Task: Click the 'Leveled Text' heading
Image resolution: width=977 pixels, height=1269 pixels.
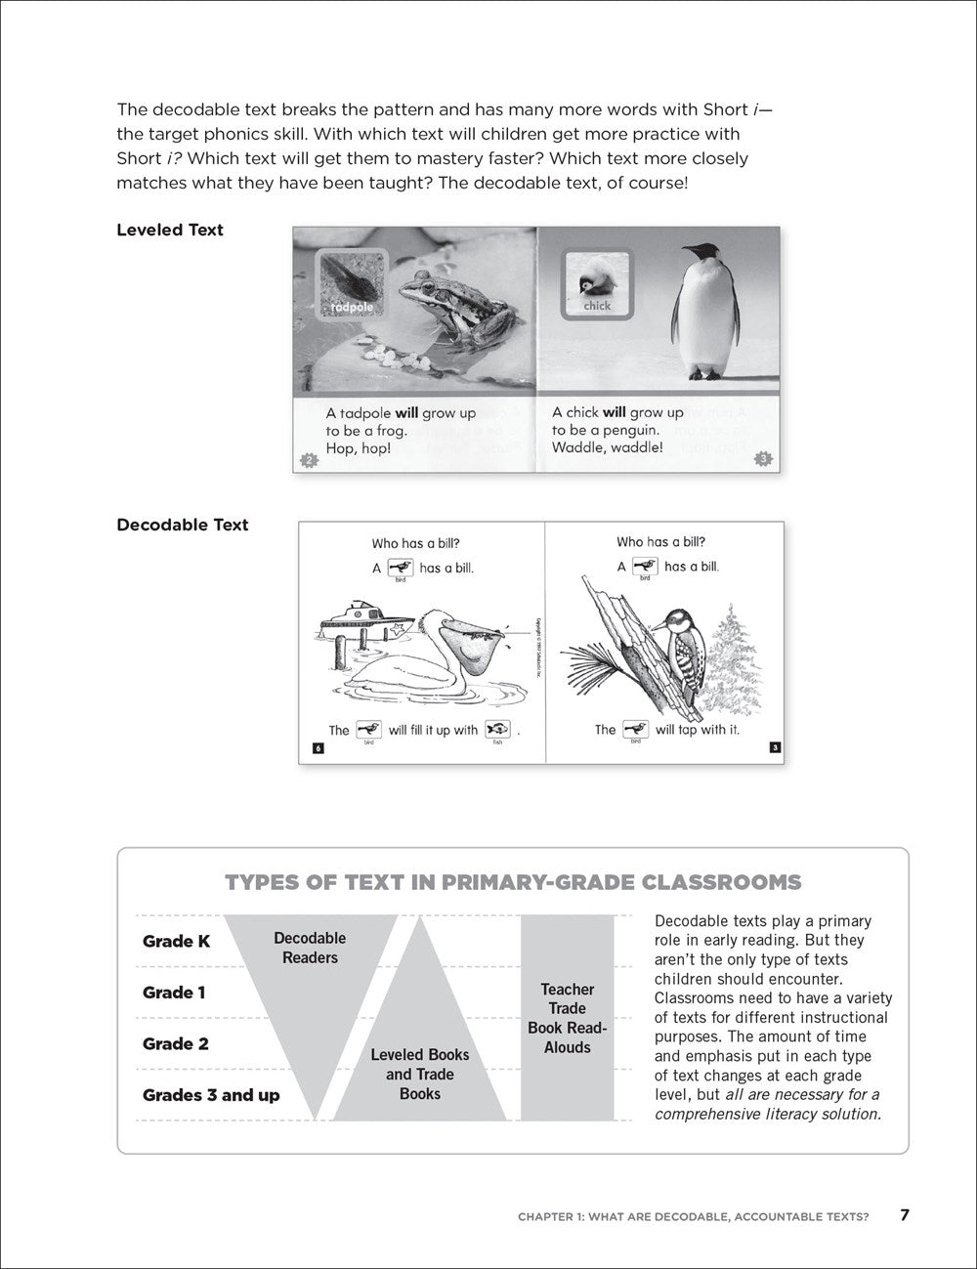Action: [170, 231]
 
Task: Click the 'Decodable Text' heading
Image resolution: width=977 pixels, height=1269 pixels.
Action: [183, 526]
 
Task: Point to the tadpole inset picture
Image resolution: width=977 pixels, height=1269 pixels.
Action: [350, 284]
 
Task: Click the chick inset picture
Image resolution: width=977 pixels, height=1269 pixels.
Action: [596, 284]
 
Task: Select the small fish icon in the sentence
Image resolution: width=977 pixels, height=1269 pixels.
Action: [498, 729]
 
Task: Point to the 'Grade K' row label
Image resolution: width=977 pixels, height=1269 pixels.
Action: [176, 942]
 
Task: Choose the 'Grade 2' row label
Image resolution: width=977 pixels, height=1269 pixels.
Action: [176, 1044]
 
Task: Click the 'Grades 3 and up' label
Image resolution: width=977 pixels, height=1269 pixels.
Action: [211, 1095]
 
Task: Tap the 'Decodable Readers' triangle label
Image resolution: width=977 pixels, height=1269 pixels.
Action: [310, 948]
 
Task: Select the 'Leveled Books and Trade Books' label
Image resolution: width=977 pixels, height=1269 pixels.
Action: [420, 1074]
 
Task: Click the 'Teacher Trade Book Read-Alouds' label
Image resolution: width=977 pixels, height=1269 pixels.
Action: [568, 1018]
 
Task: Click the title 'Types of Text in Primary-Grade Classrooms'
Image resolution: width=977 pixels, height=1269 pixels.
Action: [513, 883]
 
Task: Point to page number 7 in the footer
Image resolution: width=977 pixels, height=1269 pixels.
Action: [905, 1215]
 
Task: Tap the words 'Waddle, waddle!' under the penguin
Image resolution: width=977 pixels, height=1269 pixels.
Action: [607, 447]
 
